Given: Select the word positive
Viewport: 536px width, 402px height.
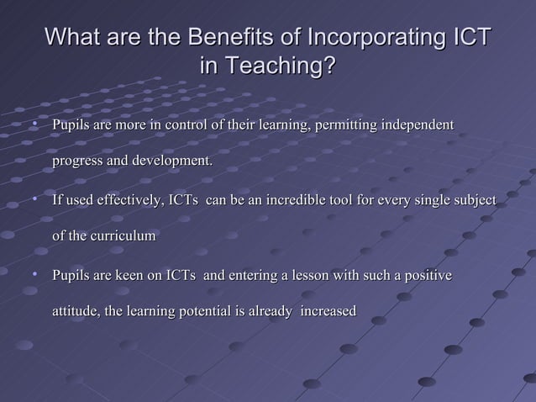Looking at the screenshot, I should [x=427, y=276].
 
